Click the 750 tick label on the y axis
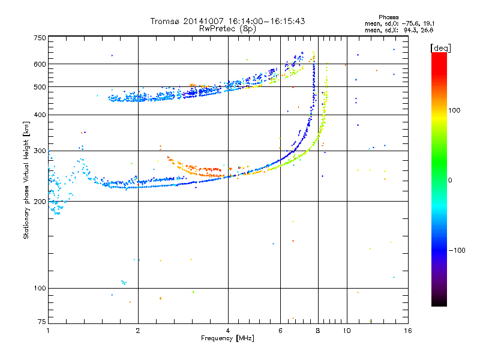click(x=40, y=38)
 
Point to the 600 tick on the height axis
click(x=40, y=64)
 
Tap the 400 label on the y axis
click(x=40, y=115)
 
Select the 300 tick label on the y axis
click(x=40, y=151)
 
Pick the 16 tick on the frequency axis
click(x=407, y=331)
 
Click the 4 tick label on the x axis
click(x=228, y=331)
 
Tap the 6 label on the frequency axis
click(x=280, y=331)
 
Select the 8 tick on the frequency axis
click(x=318, y=331)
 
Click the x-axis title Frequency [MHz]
click(x=227, y=339)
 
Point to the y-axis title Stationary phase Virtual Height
click(x=26, y=180)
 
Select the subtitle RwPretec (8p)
click(x=227, y=28)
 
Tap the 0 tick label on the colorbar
click(x=452, y=180)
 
